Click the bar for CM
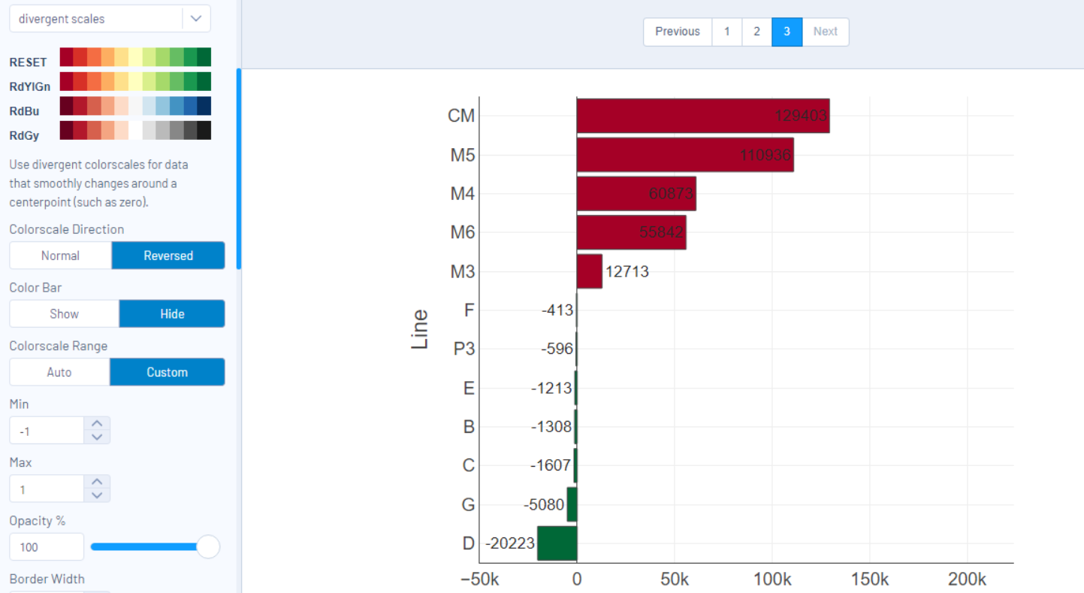click(x=702, y=116)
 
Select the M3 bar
click(x=589, y=271)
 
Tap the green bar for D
click(x=557, y=543)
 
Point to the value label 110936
click(x=765, y=156)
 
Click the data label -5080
click(x=544, y=505)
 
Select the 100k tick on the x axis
click(x=771, y=579)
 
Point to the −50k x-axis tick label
click(x=479, y=579)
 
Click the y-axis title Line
click(x=420, y=329)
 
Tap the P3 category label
click(x=463, y=349)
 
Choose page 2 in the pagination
click(x=756, y=32)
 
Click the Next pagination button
click(x=825, y=32)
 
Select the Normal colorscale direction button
click(x=60, y=256)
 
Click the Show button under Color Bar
click(x=64, y=314)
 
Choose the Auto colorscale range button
click(x=59, y=372)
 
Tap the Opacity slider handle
click(x=207, y=547)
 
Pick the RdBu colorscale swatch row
click(x=135, y=106)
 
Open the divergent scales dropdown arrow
click(x=196, y=19)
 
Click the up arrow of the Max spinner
click(x=97, y=482)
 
